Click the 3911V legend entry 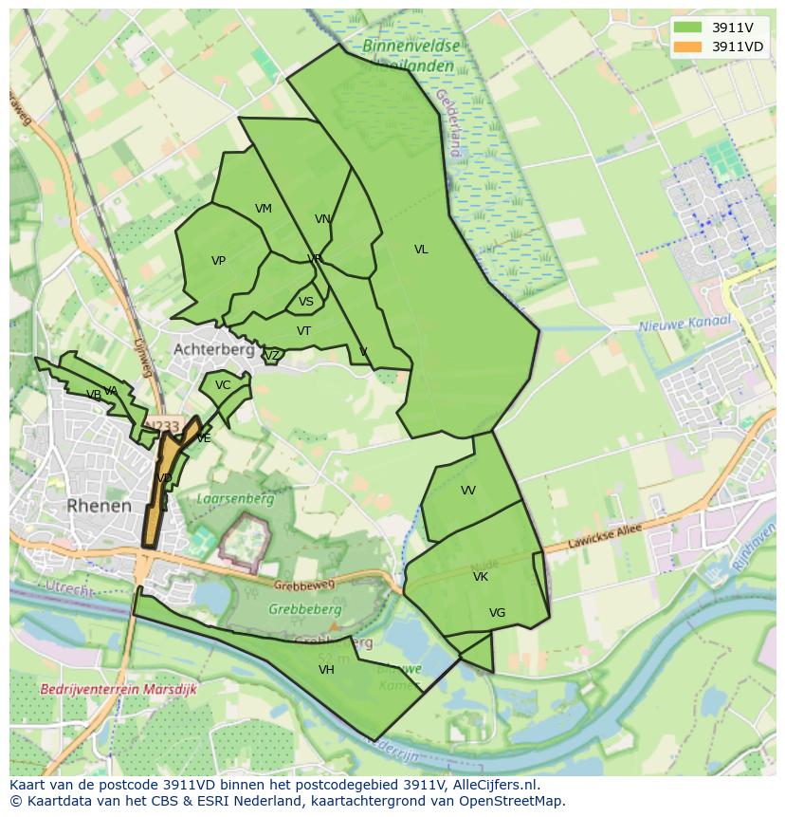point(732,28)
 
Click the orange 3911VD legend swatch point(688,46)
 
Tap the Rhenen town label point(99,506)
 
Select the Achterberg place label point(213,349)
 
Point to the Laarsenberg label point(235,498)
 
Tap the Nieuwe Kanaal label point(685,324)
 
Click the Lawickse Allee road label point(605,537)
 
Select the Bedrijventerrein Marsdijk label point(119,690)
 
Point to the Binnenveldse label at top point(411,46)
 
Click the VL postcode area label point(421,250)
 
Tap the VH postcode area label point(326,670)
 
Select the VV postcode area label point(468,491)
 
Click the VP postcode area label point(218,261)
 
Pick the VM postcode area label point(264,209)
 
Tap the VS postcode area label point(306,303)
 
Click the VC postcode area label point(223,385)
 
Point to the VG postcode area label point(497,613)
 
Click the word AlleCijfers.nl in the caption point(492,785)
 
